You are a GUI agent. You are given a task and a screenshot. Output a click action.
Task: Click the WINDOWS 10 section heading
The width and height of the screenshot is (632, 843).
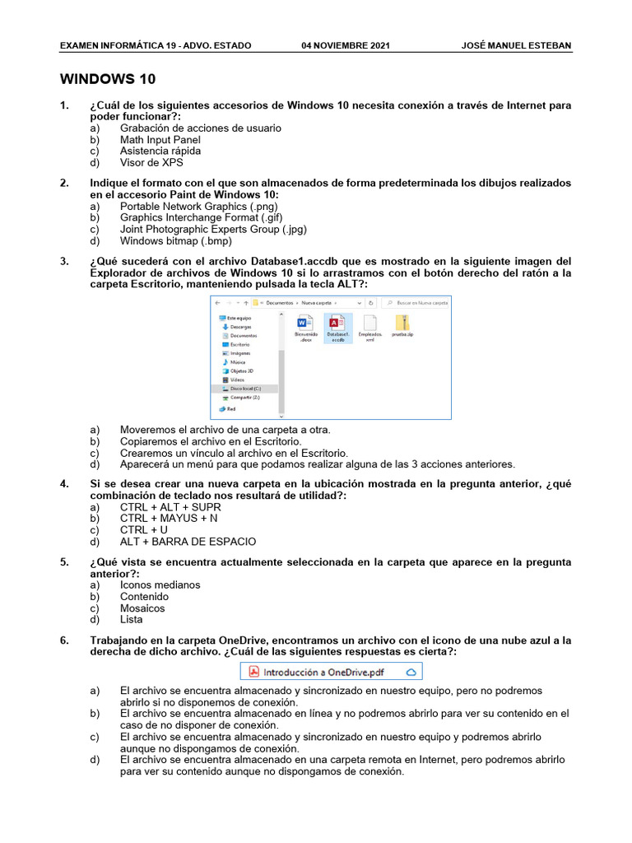[x=108, y=79]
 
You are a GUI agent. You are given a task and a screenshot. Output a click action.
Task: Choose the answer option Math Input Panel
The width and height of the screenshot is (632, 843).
[x=160, y=140]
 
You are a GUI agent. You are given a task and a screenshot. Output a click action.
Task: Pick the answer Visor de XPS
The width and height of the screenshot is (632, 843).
[x=151, y=163]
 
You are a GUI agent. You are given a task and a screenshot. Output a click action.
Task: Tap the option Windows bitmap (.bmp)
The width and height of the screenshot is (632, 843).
[x=175, y=241]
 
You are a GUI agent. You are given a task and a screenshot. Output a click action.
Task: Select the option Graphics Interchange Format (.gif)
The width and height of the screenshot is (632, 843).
[x=198, y=218]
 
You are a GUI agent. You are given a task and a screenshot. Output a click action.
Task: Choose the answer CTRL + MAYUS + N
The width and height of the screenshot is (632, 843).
[x=169, y=519]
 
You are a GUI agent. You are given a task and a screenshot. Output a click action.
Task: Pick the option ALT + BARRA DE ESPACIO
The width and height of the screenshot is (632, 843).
[x=188, y=542]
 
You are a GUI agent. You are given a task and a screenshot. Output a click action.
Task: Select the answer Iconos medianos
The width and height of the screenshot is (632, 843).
[x=160, y=585]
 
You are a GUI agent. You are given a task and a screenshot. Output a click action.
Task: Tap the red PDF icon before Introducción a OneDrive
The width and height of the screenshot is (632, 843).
[x=254, y=671]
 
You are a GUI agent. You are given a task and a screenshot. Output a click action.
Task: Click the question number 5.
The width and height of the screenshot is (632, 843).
[x=64, y=562]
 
